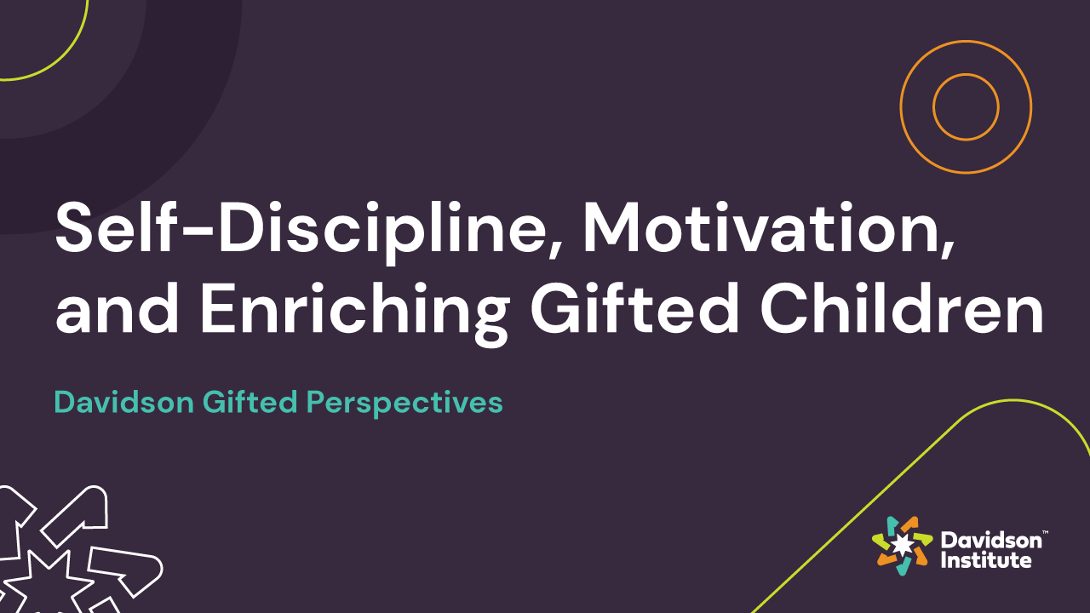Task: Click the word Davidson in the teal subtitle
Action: pos(123,402)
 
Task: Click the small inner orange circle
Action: pos(966,106)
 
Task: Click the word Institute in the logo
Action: pos(985,560)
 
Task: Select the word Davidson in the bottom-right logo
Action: pos(990,540)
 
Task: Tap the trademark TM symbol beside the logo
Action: pos(1045,532)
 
